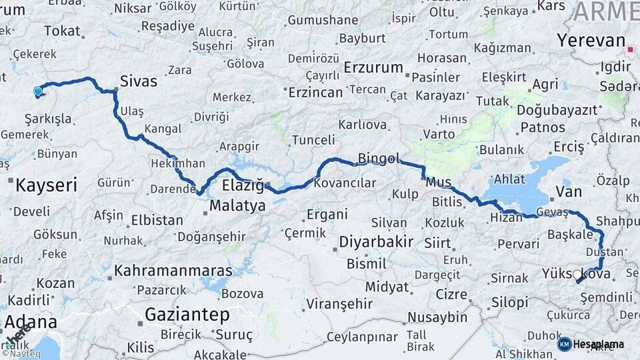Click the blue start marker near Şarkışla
click(x=37, y=92)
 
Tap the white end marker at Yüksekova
click(x=577, y=274)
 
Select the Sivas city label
click(x=139, y=81)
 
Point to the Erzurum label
click(x=374, y=67)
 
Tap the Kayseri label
click(x=47, y=184)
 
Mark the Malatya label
click(x=237, y=206)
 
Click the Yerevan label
click(x=591, y=40)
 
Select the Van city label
click(x=568, y=192)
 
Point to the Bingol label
click(x=379, y=159)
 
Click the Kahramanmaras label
click(x=173, y=271)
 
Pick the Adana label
click(x=31, y=322)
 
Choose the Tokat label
click(x=62, y=31)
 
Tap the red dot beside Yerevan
click(x=631, y=49)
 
